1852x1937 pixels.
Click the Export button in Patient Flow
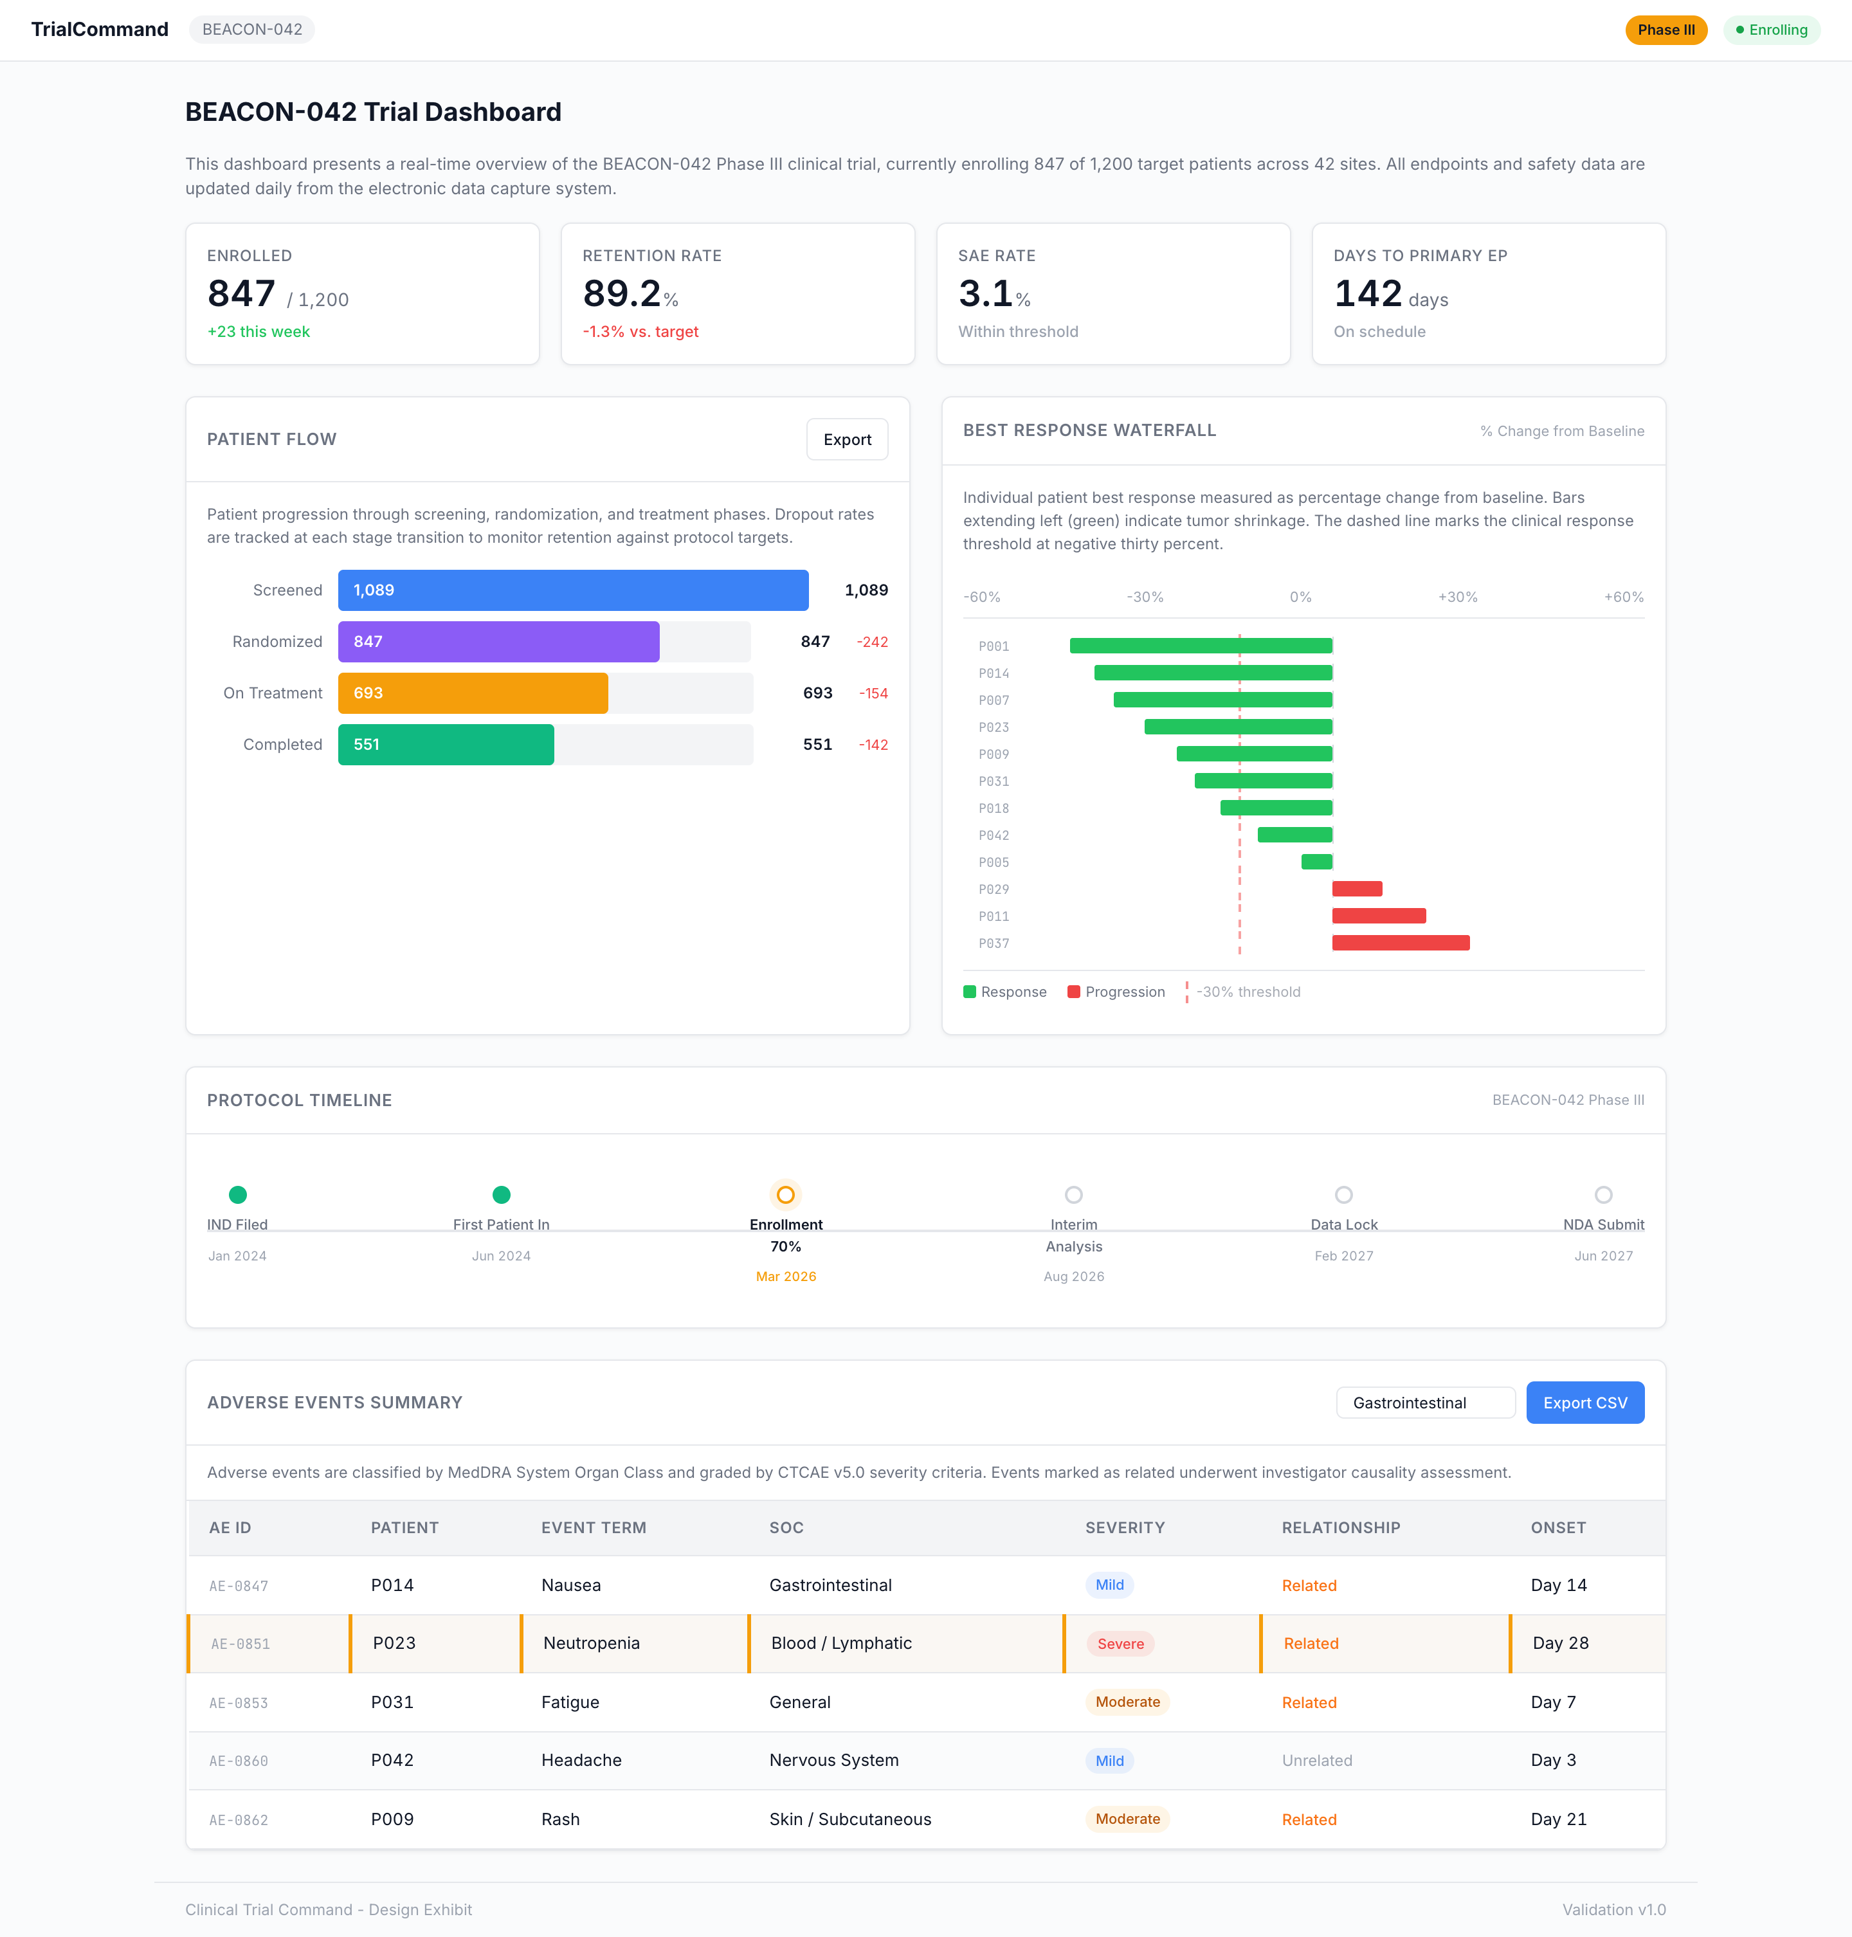click(847, 439)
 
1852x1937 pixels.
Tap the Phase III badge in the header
click(1666, 30)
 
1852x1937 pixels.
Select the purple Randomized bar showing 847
click(498, 642)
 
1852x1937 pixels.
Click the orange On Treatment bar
click(473, 693)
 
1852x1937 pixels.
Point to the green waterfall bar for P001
click(1201, 646)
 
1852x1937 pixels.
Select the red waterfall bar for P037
click(1400, 943)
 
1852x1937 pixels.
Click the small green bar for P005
click(1317, 862)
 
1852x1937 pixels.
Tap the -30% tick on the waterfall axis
click(1145, 597)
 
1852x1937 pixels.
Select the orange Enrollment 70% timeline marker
click(786, 1196)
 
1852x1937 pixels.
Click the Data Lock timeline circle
click(1343, 1196)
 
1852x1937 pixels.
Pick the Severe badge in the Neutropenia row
click(1120, 1644)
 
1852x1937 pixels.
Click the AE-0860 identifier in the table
click(239, 1761)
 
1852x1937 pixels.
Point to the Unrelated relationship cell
click(1317, 1760)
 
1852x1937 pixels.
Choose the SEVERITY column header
click(1125, 1527)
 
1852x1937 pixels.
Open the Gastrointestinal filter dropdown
click(1424, 1403)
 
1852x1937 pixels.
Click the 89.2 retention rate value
click(622, 294)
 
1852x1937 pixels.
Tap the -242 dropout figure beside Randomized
click(873, 642)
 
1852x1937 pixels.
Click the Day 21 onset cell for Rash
click(1559, 1819)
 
